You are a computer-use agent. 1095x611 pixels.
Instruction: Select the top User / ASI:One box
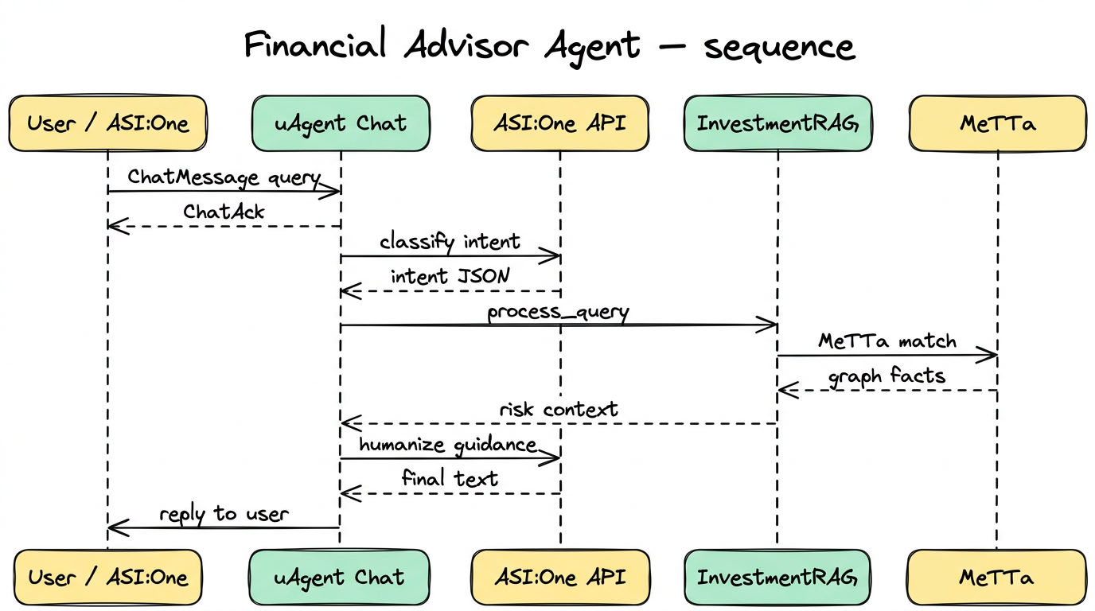107,123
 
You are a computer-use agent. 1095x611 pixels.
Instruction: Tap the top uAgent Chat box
341,123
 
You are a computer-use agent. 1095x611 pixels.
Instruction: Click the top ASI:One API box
559,123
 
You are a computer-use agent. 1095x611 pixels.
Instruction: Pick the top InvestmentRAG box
777,123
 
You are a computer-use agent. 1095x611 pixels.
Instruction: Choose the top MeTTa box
997,123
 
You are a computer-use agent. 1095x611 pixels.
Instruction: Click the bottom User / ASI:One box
107,577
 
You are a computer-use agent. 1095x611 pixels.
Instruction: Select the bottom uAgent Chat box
340,577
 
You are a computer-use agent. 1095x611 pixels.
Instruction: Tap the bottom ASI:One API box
559,577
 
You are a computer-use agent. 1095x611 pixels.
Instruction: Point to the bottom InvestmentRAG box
777,577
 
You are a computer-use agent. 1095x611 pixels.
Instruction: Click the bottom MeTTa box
997,577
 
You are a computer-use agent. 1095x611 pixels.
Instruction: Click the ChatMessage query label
224,177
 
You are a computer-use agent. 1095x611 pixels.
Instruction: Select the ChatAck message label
224,212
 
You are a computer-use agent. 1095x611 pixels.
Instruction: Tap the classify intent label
450,241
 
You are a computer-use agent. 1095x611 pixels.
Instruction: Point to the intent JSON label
450,276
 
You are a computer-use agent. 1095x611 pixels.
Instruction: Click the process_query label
558,312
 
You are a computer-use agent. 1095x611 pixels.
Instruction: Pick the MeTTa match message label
887,341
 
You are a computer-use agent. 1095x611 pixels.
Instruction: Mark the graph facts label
887,376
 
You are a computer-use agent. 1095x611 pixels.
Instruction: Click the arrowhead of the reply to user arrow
113,527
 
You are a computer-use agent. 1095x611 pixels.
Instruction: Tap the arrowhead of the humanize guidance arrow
554,458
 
